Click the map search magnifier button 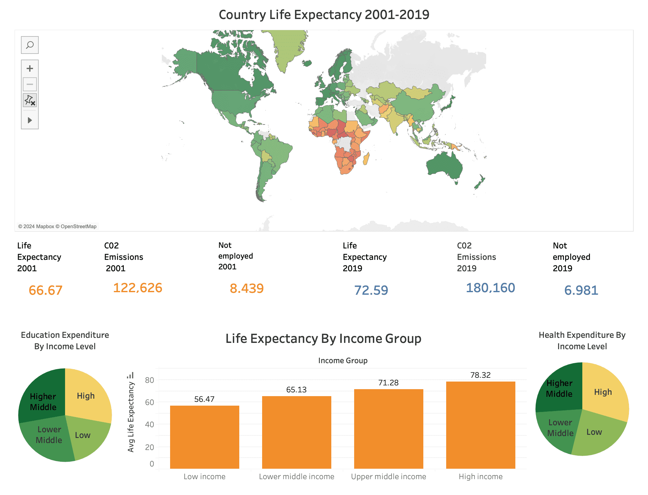click(x=30, y=45)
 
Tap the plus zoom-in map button click(x=30, y=68)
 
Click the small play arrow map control click(x=30, y=120)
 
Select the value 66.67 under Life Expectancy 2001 click(x=45, y=290)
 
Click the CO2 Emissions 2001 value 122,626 click(x=137, y=288)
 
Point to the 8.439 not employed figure click(x=247, y=288)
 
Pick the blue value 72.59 click(x=371, y=290)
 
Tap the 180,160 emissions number click(x=490, y=288)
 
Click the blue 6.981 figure click(x=581, y=290)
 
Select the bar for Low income click(x=205, y=437)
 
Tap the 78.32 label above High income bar click(x=480, y=375)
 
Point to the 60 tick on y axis click(x=149, y=402)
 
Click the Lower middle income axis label click(x=296, y=477)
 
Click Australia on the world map click(x=444, y=166)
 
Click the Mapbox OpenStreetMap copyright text click(x=57, y=226)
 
